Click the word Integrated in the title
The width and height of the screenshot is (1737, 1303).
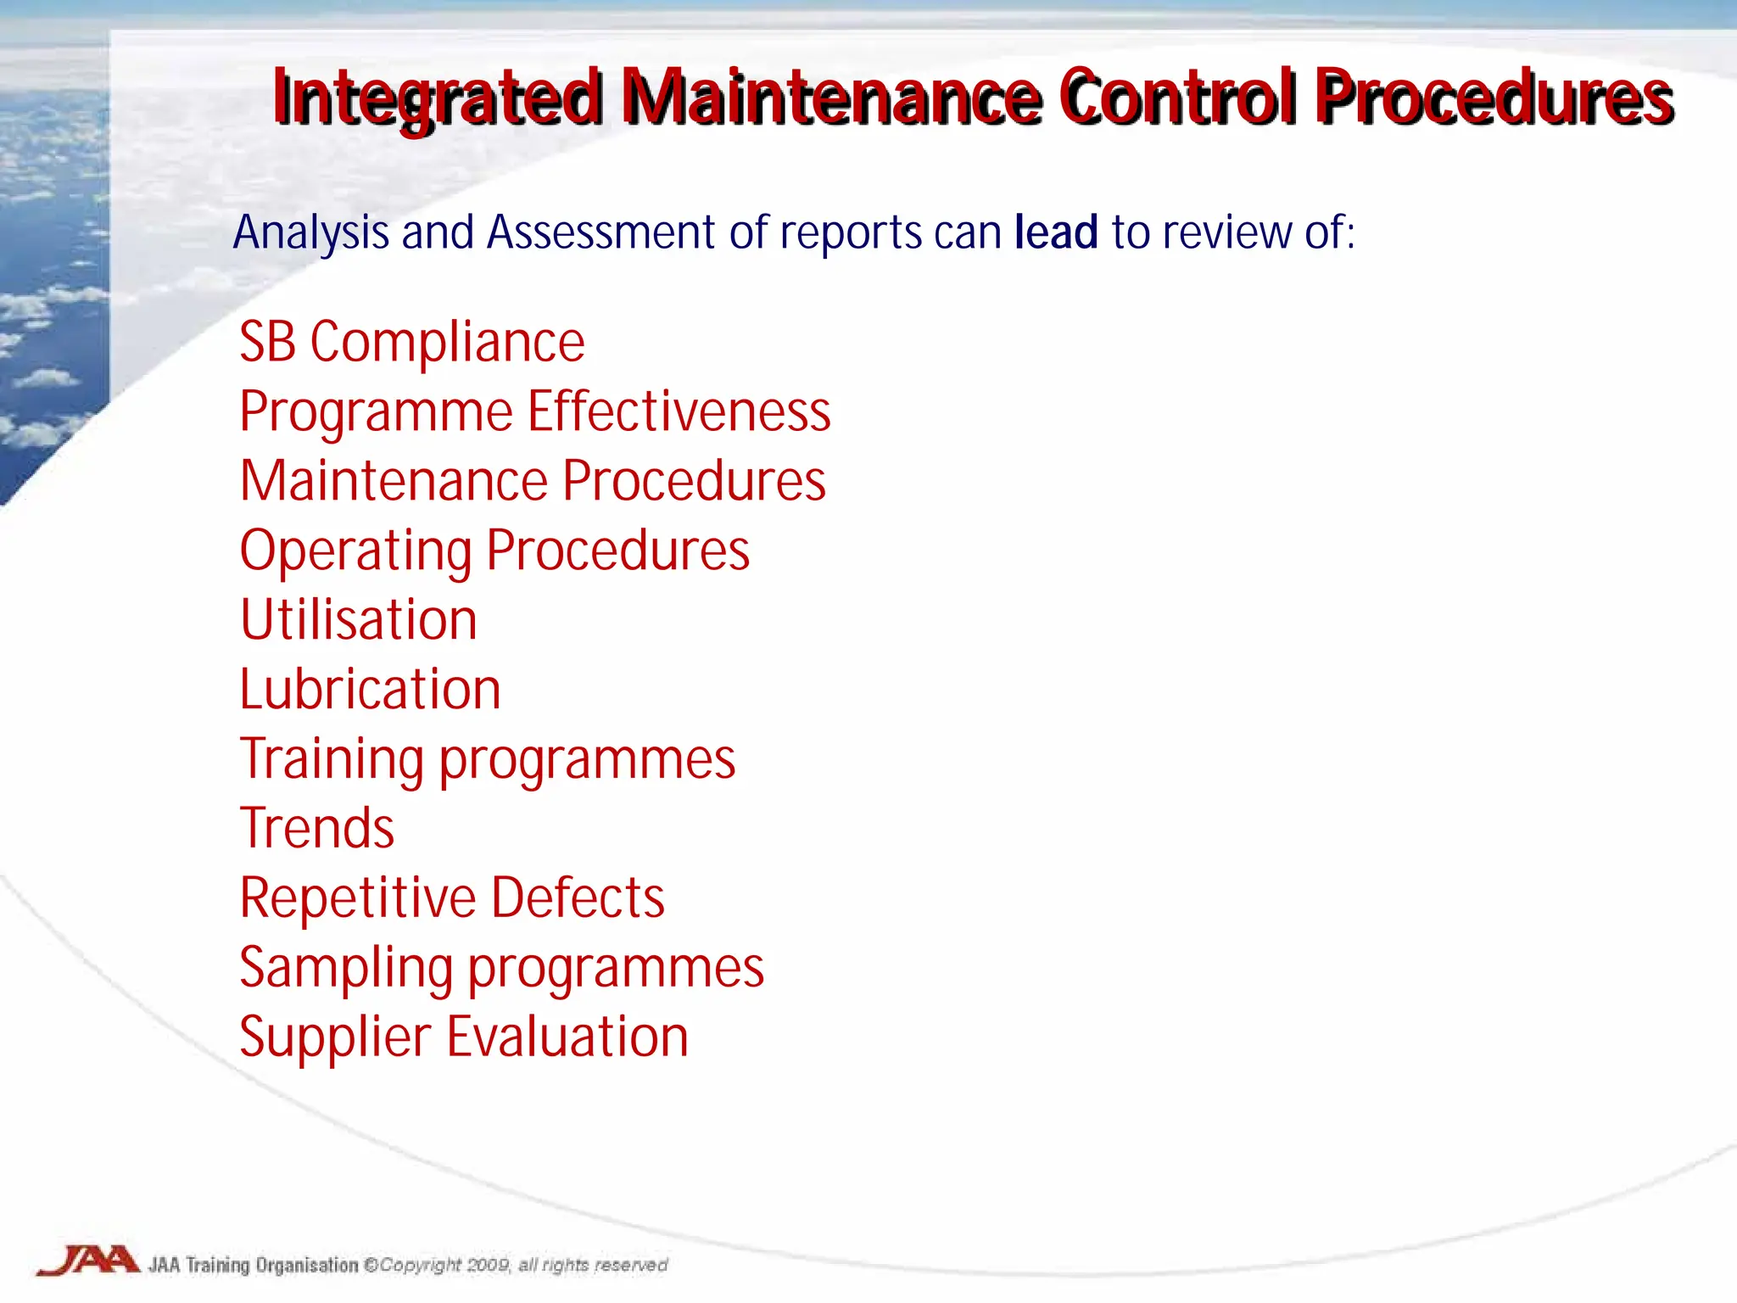coord(438,99)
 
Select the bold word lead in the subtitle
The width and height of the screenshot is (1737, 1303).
coord(1056,232)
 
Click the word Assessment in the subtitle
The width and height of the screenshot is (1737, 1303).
coord(600,232)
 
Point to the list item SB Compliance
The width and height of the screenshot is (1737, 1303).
coord(412,343)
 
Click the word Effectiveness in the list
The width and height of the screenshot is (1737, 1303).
coord(679,412)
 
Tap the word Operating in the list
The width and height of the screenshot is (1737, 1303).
coord(356,551)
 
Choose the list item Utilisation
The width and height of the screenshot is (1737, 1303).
coord(359,619)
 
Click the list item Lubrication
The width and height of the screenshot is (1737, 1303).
coord(370,689)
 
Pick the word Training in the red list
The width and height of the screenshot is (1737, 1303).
coord(332,759)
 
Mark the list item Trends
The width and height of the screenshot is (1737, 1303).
coord(317,828)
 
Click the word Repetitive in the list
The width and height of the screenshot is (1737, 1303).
coord(358,898)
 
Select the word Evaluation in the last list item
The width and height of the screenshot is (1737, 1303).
coord(567,1037)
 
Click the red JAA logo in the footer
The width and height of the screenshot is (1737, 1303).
coord(89,1260)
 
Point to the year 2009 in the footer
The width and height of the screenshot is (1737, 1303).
coord(488,1265)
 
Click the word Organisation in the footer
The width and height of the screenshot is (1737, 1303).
coord(307,1265)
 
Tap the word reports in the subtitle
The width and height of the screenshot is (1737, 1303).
coord(851,232)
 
